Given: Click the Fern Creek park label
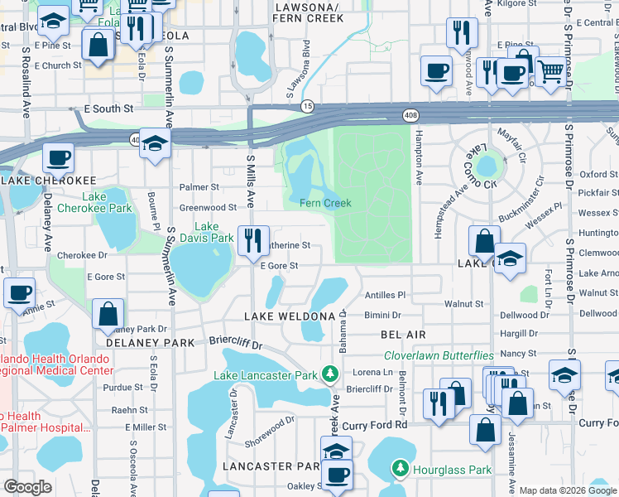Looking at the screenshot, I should (325, 203).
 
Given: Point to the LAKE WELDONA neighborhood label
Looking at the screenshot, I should (290, 316).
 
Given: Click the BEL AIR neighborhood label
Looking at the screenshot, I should (403, 333).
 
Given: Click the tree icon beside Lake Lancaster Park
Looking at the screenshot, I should (330, 374).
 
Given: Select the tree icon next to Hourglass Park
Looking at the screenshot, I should (401, 470).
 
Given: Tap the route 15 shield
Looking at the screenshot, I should (307, 106).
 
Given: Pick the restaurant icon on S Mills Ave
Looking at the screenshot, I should (253, 241).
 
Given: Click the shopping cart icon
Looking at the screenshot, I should (549, 72).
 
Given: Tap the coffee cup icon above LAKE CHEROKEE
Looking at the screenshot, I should (58, 157).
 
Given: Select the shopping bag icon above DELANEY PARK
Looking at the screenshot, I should (108, 314).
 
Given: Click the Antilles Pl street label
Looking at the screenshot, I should (385, 295).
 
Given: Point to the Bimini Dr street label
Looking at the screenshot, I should (382, 316).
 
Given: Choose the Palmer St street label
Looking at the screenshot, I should (204, 187).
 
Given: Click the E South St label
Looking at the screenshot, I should (108, 109).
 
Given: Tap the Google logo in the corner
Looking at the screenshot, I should (27, 487).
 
